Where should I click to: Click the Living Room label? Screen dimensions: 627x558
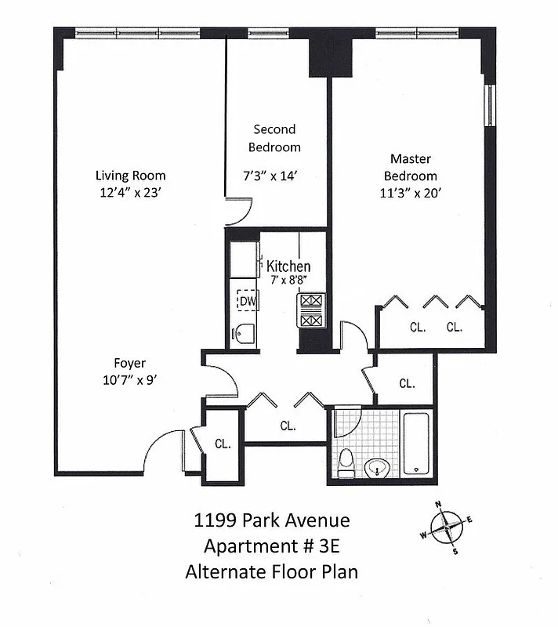130,176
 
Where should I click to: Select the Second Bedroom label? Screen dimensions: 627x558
274,138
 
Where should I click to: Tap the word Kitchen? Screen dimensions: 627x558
288,266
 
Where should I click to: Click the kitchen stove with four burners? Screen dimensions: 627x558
310,311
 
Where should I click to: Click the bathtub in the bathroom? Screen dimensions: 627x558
415,444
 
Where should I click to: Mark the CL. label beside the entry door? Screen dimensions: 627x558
223,444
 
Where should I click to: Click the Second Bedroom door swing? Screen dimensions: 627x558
245,211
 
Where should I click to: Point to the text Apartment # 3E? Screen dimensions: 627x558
271,546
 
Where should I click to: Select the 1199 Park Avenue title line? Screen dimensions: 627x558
271,520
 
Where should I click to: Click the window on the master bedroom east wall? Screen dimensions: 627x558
490,105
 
